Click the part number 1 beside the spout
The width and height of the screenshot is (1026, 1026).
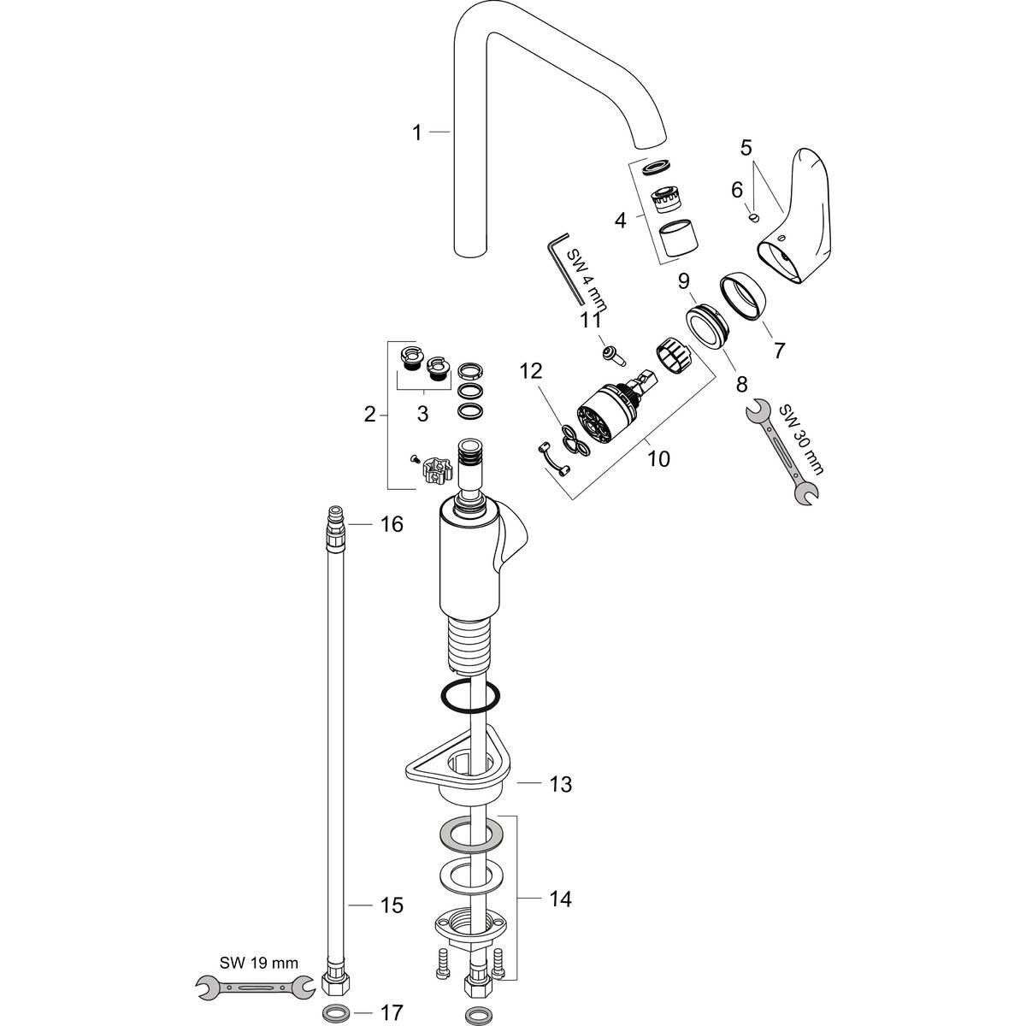coord(417,133)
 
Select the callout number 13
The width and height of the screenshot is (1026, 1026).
coord(560,783)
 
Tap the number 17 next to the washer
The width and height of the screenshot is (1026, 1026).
coord(391,1013)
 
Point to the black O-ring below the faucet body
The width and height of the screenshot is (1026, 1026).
coord(470,696)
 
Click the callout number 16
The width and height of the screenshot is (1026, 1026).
coord(391,523)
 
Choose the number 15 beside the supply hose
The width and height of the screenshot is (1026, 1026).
coord(391,905)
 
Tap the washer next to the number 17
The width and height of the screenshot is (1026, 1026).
coord(334,1013)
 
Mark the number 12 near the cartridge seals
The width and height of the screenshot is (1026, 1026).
coord(531,372)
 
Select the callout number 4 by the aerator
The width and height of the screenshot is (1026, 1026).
coord(621,220)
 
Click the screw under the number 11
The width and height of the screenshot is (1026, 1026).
coord(613,350)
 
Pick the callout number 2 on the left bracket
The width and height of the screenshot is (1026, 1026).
coord(369,415)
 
